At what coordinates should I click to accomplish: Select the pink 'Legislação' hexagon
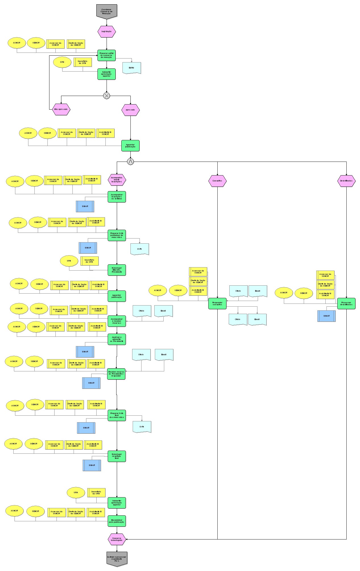(107, 32)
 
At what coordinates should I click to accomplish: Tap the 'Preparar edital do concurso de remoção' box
(107, 55)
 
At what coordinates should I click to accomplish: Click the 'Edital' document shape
(132, 68)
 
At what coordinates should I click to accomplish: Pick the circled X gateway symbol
(107, 96)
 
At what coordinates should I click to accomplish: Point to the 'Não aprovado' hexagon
(61, 109)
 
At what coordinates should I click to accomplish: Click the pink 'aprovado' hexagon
(130, 110)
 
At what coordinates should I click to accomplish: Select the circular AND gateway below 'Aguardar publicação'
(130, 162)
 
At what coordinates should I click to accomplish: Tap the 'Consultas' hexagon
(217, 181)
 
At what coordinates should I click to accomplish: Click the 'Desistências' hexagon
(346, 181)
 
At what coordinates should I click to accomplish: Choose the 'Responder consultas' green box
(217, 303)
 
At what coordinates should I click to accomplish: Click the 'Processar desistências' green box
(346, 303)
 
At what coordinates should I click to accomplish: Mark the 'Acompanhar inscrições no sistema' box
(116, 196)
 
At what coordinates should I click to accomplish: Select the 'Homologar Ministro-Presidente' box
(116, 270)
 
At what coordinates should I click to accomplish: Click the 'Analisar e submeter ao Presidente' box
(116, 339)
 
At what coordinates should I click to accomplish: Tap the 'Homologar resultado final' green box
(116, 456)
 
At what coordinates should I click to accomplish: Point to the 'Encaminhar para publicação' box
(116, 521)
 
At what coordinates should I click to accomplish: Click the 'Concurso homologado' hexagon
(117, 539)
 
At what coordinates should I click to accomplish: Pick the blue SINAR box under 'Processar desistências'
(326, 316)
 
